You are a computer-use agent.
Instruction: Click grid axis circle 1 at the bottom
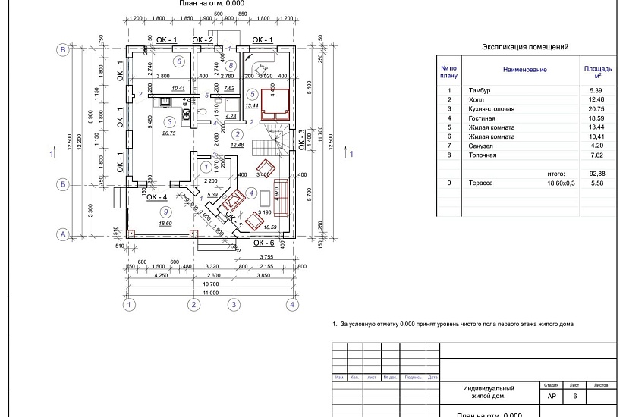point(130,305)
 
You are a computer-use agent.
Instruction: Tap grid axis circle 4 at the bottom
point(291,305)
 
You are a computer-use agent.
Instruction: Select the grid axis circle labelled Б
point(63,184)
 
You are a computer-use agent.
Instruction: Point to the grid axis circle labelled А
point(63,234)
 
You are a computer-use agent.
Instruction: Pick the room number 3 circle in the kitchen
point(170,121)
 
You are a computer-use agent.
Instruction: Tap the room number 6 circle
point(179,61)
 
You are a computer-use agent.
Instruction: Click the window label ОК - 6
point(263,243)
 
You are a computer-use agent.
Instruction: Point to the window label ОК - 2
point(203,39)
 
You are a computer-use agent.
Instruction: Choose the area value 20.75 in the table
point(594,109)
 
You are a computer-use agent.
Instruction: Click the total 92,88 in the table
point(594,174)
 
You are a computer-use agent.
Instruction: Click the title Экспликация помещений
point(525,47)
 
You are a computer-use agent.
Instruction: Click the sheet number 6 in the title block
point(574,396)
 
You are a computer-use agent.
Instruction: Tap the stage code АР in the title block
point(550,396)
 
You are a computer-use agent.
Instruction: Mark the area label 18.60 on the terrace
point(165,224)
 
